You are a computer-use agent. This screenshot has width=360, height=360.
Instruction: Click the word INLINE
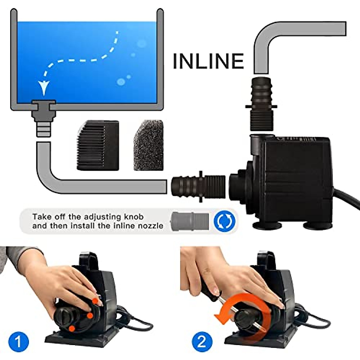(x=208, y=61)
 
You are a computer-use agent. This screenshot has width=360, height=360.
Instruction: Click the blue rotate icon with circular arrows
(x=224, y=221)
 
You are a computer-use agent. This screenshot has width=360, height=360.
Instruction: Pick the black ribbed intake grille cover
(x=98, y=145)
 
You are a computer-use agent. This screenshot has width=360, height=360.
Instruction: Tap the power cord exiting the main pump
(x=348, y=204)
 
